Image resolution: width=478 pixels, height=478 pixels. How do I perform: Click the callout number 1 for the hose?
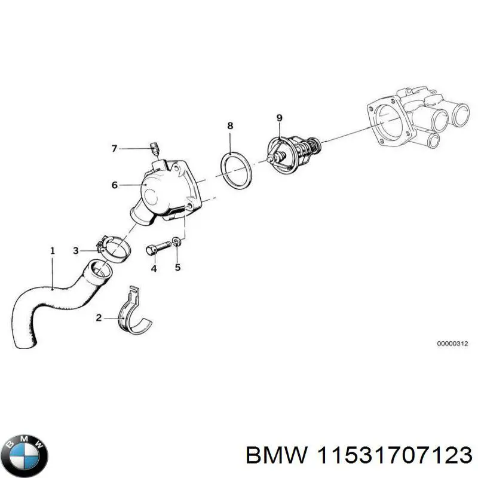52,251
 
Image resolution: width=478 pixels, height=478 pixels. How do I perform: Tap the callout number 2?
99,318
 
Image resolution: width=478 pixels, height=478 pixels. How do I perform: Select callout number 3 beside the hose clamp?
76,250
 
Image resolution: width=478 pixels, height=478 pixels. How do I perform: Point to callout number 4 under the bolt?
154,268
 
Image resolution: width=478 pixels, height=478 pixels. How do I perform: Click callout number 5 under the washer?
177,267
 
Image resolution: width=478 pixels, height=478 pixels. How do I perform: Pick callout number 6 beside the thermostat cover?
115,185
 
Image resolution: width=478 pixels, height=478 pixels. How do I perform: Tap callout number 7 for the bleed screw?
115,149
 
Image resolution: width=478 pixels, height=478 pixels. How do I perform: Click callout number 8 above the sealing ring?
230,126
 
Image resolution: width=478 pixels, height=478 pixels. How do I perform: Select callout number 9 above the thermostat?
278,117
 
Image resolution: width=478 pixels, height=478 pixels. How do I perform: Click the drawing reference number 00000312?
454,344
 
